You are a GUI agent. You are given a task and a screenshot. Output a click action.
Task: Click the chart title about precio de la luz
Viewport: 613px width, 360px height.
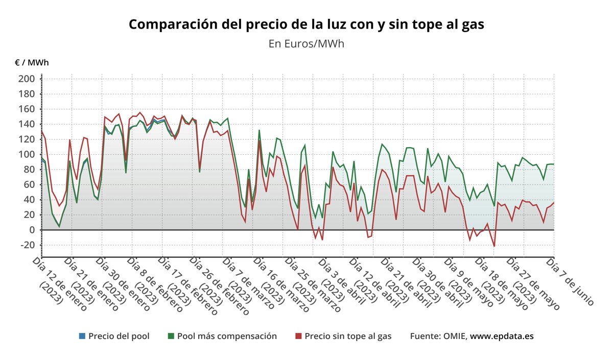pos(306,25)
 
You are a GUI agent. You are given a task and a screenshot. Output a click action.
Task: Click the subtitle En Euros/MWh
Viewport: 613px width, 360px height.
pos(306,43)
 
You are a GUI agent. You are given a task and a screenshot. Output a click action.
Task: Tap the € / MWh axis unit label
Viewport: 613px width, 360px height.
pos(32,63)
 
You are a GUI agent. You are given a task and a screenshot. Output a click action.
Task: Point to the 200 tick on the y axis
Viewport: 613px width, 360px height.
pos(27,79)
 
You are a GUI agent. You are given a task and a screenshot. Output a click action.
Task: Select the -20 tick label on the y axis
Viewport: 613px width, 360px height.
pos(27,245)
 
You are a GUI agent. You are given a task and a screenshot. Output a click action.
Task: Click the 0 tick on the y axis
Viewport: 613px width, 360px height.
pos(31,230)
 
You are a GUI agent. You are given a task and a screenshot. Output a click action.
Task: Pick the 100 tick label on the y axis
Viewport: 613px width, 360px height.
pos(27,154)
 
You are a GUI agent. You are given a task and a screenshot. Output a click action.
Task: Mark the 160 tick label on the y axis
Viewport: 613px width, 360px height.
pos(27,109)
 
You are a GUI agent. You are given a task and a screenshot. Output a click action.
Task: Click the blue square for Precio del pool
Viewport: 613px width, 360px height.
pos(82,336)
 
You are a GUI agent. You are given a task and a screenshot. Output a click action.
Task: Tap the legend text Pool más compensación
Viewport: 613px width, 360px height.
pos(227,336)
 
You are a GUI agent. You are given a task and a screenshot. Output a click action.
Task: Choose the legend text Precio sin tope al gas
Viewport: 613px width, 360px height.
pos(348,336)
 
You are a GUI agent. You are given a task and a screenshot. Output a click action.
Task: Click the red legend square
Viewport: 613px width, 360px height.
pos(298,336)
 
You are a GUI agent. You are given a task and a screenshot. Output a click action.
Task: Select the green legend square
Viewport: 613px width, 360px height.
pos(171,336)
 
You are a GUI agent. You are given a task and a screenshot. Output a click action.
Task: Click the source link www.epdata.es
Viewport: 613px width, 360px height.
pos(502,336)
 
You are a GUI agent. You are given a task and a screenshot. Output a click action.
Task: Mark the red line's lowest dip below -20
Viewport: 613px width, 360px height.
pos(494,246)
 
